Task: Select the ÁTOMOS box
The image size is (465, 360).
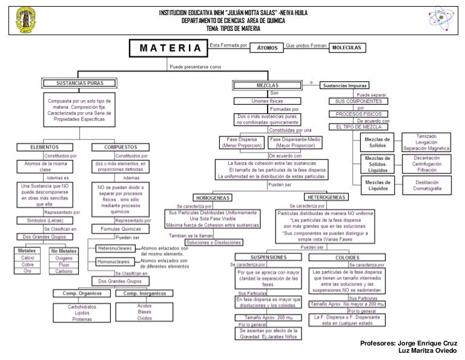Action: click(x=266, y=47)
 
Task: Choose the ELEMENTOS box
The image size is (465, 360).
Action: click(x=44, y=147)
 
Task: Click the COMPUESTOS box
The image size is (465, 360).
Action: click(x=121, y=147)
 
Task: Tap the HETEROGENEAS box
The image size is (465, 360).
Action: click(x=326, y=198)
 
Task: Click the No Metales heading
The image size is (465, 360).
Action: click(x=64, y=250)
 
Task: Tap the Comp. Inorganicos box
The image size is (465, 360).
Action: click(x=144, y=293)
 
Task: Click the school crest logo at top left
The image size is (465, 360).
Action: click(x=25, y=20)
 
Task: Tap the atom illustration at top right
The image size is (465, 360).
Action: click(x=441, y=19)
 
